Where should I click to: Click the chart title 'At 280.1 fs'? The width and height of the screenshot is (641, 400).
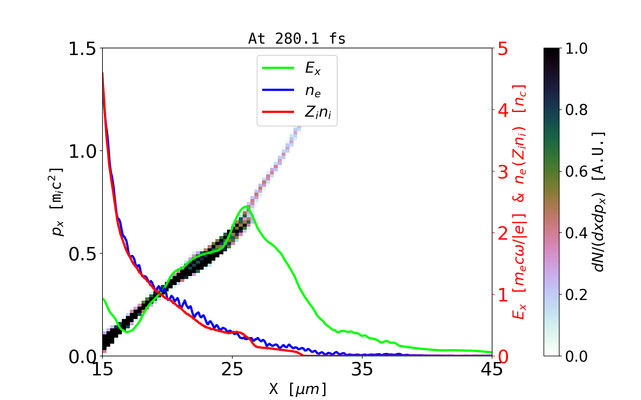coord(297,39)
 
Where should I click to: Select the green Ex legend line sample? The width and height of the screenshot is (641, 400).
coord(278,68)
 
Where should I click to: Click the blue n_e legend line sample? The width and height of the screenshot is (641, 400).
coord(278,90)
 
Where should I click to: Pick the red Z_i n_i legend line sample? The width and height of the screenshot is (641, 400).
coord(278,112)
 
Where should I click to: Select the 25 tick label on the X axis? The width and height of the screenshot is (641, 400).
coord(232,369)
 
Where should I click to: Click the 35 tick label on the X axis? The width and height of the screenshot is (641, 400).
coord(362,369)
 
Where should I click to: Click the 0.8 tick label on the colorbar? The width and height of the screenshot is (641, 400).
coord(576,110)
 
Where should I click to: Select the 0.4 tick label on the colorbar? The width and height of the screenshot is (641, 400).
coord(576,233)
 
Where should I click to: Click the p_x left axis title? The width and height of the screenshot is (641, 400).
coord(56,202)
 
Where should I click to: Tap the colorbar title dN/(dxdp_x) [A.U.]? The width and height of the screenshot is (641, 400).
coord(599,202)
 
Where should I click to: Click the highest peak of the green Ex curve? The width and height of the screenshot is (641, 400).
coord(245,207)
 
